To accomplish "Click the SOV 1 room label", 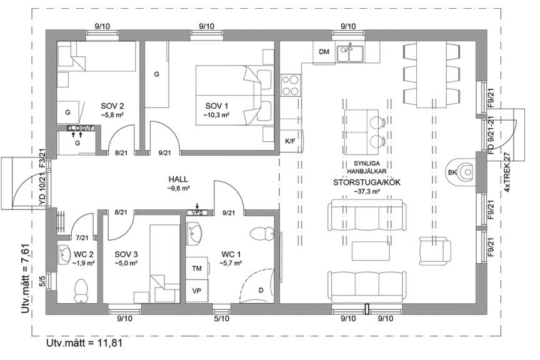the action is coord(217,106).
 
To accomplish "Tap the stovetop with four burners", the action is coord(290,86).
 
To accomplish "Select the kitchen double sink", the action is coord(349,53).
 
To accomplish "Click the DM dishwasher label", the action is coord(324,52).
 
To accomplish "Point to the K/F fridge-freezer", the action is coord(292,141).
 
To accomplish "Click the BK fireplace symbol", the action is coord(463,171).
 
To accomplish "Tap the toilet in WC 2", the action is coord(81,291).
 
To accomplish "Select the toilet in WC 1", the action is coord(262,234).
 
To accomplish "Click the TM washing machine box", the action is coord(197,268).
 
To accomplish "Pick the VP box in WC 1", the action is coord(197,291).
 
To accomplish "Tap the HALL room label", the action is coord(178,179).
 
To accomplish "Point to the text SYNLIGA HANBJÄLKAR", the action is coord(366,167).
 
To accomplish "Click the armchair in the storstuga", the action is coord(435,251).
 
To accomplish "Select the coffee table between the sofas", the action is coord(371,251).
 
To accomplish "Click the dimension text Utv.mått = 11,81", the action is coord(84,343).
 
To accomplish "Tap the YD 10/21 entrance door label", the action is coord(42,190).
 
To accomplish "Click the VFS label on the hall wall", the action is coord(197,213).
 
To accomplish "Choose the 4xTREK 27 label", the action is coord(507,172).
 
